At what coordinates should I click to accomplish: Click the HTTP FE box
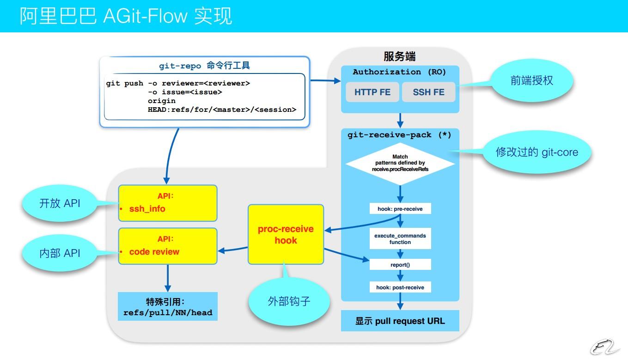coord(372,92)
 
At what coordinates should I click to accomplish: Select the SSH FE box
coord(428,92)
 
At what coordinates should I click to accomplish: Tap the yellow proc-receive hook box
coord(286,235)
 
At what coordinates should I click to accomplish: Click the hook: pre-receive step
coord(400,209)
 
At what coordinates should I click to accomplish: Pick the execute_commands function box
coord(400,238)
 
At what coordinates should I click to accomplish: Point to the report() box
coord(400,265)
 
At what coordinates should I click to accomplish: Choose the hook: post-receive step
coord(400,287)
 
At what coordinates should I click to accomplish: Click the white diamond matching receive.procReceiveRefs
coord(400,163)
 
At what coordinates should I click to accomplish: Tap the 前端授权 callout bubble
coord(532,81)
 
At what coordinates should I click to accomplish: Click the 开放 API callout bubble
coord(60,203)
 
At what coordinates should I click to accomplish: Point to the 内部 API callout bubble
coord(60,253)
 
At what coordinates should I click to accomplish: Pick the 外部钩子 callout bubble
coord(289,301)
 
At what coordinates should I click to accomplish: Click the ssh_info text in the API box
coord(147,209)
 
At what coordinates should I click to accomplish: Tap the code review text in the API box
coord(154,252)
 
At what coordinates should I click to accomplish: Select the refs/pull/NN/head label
coord(168,313)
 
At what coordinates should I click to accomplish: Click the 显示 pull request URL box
coord(400,321)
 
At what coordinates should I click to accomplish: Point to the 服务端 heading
coord(400,56)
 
